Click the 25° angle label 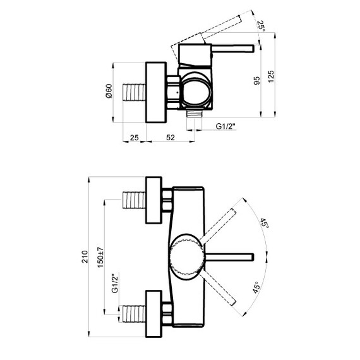click(261, 26)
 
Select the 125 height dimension click(271, 76)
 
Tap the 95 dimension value click(256, 81)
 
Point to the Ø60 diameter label click(109, 91)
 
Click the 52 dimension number click(171, 137)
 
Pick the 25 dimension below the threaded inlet click(135, 137)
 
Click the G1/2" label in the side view click(225, 126)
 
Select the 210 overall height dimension click(85, 256)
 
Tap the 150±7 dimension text click(100, 257)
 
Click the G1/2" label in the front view click(115, 283)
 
